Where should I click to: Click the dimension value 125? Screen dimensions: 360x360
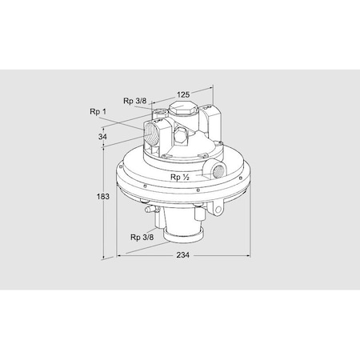(182, 94)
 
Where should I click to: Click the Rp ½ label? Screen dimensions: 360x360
(178, 177)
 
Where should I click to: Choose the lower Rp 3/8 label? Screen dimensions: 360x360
(140, 237)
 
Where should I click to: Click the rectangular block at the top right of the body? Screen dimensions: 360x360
(212, 120)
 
